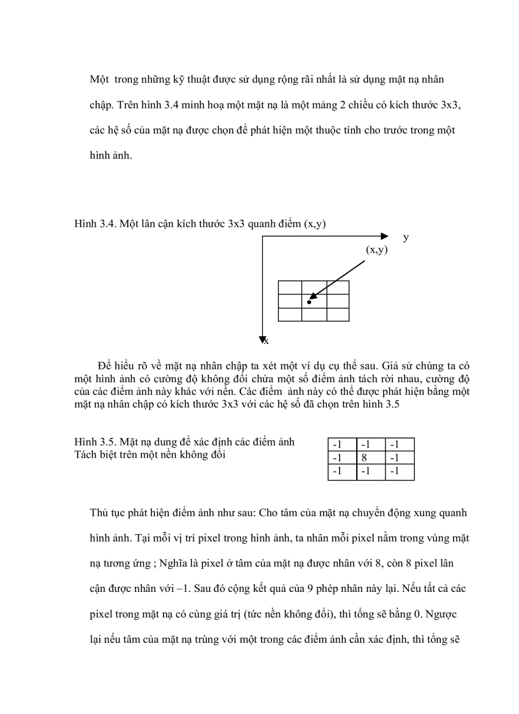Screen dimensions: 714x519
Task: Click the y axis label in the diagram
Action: (406, 237)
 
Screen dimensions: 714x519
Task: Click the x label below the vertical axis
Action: (266, 341)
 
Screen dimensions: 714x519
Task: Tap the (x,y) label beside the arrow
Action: (377, 250)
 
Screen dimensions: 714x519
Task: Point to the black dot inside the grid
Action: (309, 301)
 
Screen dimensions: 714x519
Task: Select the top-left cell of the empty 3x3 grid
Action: (289, 287)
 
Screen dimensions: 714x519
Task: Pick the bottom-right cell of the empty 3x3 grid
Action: (337, 314)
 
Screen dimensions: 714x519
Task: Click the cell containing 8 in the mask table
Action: (371, 458)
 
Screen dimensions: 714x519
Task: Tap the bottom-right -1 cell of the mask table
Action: (399, 472)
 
